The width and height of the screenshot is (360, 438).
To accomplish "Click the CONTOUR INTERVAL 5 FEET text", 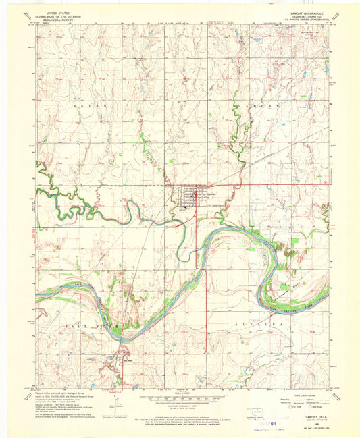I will pyautogui.click(x=180, y=403).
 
